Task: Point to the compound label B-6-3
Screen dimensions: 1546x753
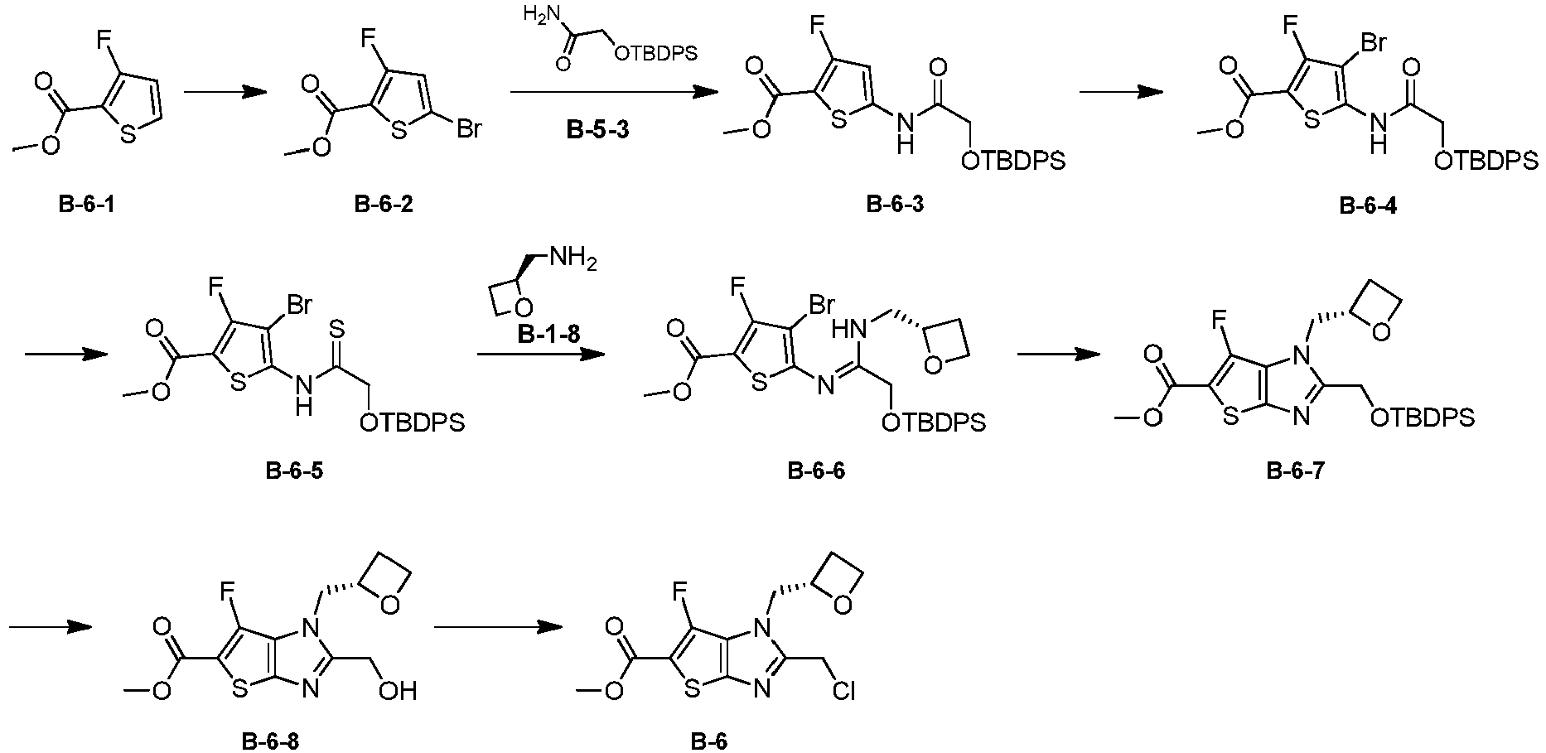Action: click(895, 205)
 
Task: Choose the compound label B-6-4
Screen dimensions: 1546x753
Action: click(1368, 206)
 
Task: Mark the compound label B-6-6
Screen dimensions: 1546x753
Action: click(816, 471)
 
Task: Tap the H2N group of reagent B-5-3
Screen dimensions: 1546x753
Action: click(542, 14)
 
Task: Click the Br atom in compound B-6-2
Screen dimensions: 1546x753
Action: click(467, 128)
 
